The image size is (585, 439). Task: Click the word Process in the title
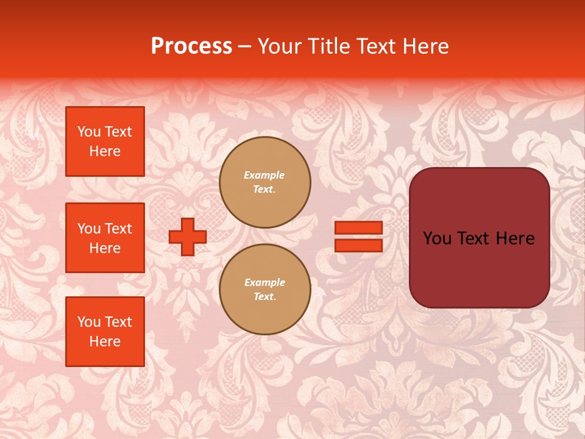click(x=191, y=46)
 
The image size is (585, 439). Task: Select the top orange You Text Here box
click(x=105, y=141)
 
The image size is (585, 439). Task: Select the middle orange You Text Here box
click(x=105, y=238)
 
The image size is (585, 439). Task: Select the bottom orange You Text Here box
click(x=105, y=331)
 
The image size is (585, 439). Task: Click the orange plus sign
click(x=188, y=237)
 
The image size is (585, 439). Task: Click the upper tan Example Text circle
click(x=265, y=182)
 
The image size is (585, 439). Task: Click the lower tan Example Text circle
click(x=265, y=289)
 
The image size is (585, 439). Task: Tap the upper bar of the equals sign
click(x=359, y=228)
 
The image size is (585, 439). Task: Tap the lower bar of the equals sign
click(x=359, y=246)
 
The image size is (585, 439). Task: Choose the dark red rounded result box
click(x=479, y=237)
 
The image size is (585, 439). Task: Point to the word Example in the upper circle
click(x=264, y=175)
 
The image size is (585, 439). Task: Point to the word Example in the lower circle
click(x=264, y=282)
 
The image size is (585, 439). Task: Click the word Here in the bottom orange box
click(x=105, y=341)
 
